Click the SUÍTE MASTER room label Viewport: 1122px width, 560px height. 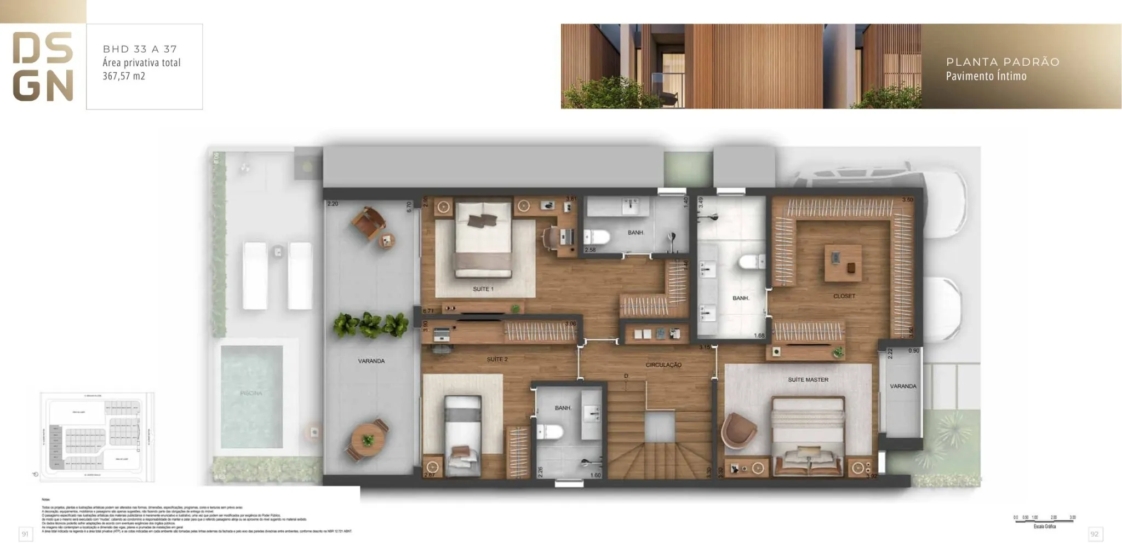pos(808,379)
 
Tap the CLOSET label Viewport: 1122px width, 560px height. pos(844,296)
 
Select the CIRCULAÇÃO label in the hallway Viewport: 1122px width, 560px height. pos(663,365)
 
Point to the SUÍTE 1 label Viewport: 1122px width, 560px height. pos(483,289)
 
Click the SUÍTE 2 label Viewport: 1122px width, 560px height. pos(497,360)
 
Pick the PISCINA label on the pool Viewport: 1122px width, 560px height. pos(251,393)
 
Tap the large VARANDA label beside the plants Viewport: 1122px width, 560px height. pos(371,361)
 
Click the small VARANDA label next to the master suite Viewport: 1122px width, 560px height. pos(903,386)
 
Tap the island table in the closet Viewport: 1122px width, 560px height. pos(843,263)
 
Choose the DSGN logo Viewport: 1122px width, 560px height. pos(43,66)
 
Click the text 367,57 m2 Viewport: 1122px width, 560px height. pos(124,76)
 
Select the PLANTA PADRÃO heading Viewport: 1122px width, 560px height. pos(1003,62)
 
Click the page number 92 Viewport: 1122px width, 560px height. pos(1095,534)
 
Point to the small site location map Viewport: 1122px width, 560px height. pos(98,437)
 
